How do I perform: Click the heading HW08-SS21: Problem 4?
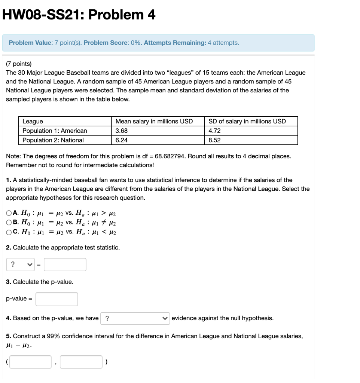(79, 15)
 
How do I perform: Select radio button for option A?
(9, 213)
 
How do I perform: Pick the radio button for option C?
(9, 232)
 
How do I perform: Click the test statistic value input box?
(65, 264)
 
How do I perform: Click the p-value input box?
(57, 299)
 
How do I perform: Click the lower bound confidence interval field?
(31, 362)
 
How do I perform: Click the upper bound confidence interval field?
(81, 362)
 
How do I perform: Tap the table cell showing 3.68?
(122, 131)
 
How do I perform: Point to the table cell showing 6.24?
(122, 140)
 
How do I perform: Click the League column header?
(33, 121)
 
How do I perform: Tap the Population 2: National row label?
(53, 140)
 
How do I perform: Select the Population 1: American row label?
(55, 131)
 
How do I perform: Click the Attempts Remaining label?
(175, 43)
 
